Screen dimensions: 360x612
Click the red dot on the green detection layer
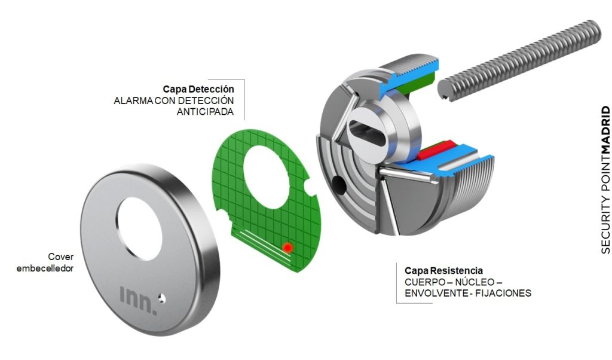pyautogui.click(x=287, y=246)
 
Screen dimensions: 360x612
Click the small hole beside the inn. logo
pyautogui.click(x=161, y=295)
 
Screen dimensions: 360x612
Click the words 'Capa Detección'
pyautogui.click(x=198, y=89)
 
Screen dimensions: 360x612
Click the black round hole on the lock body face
pyautogui.click(x=338, y=184)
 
